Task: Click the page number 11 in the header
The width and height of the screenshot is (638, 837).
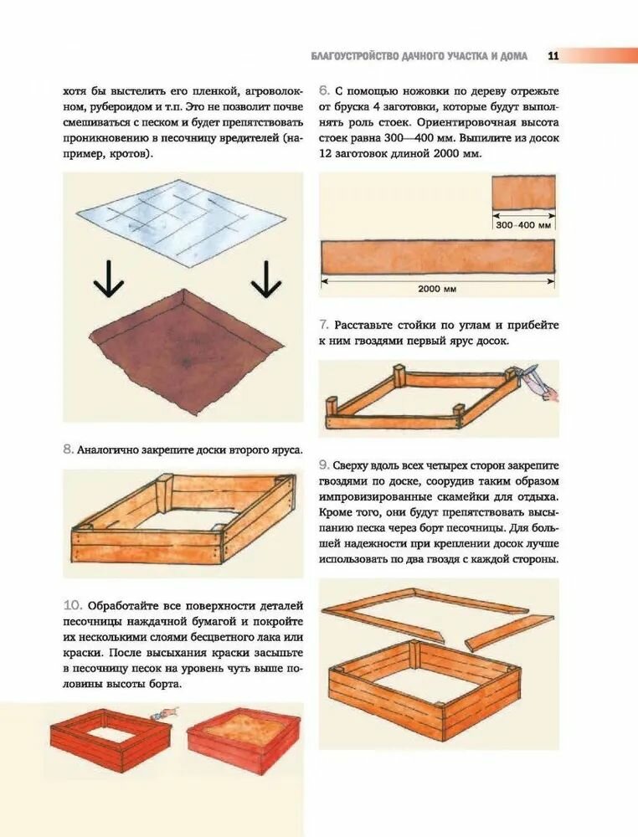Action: coord(553,55)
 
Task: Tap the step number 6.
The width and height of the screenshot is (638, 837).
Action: coord(323,90)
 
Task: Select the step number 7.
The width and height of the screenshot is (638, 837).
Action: coord(323,325)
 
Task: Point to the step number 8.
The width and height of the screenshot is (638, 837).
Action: coord(68,449)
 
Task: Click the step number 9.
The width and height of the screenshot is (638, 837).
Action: coord(323,465)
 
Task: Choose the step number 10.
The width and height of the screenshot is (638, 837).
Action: coord(73,605)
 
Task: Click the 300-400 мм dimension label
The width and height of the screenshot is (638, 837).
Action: coord(523,225)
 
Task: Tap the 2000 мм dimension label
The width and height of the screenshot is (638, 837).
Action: coord(437,289)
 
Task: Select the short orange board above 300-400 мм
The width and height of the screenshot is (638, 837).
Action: coord(524,193)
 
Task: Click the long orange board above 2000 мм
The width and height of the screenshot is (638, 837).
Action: coord(438,257)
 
